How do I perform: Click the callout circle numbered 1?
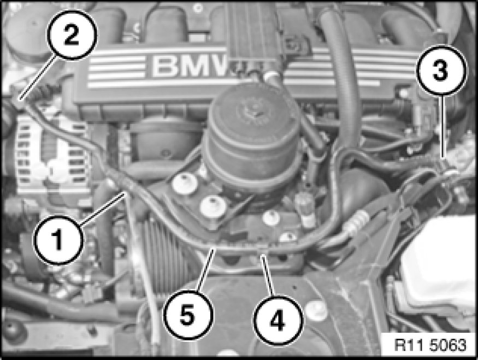[58, 240]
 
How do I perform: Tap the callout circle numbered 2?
[72, 34]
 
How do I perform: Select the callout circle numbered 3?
[441, 70]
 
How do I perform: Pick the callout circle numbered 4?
[278, 320]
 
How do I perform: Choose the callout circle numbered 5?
[188, 314]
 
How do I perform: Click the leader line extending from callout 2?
[37, 77]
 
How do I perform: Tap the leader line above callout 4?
[268, 273]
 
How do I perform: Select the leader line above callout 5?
[204, 269]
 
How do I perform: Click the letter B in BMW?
[164, 67]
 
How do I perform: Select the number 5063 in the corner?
[448, 345]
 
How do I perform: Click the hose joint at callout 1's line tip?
[125, 188]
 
